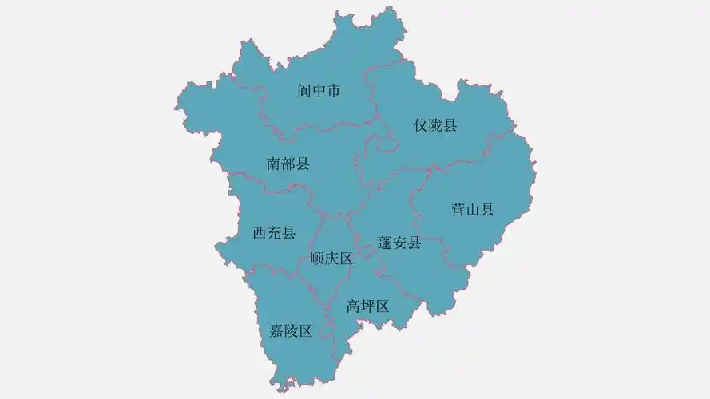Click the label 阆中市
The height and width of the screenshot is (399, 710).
[319, 91]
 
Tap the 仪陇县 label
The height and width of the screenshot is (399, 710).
[435, 125]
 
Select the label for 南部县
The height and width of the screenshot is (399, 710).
[288, 164]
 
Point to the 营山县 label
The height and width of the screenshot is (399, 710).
[473, 210]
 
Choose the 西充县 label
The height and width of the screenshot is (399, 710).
[274, 233]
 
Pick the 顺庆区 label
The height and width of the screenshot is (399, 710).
[331, 259]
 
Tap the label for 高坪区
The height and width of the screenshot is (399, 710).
[367, 306]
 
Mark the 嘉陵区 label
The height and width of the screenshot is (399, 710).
[291, 330]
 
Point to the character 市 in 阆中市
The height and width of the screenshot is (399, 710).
[334, 91]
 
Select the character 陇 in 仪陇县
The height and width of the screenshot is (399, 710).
[435, 125]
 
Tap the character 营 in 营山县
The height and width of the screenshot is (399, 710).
[458, 210]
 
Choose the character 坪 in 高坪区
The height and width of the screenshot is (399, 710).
[367, 306]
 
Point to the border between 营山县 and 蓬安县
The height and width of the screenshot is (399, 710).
[418, 215]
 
